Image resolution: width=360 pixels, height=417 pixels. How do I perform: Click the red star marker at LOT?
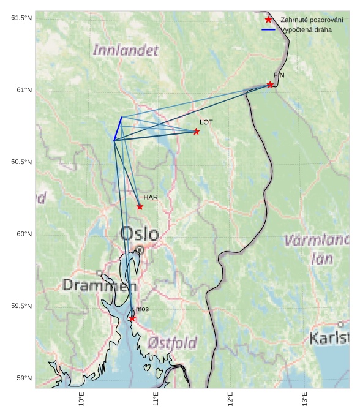(197, 132)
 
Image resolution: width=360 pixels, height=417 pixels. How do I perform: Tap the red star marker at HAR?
(140, 206)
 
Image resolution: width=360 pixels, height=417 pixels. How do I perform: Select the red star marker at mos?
(132, 318)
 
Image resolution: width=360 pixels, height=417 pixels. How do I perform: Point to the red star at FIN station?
(270, 85)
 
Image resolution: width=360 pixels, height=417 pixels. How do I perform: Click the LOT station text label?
(206, 122)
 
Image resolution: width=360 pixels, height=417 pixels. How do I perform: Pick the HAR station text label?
(151, 198)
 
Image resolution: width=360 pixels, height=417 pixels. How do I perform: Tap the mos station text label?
(142, 310)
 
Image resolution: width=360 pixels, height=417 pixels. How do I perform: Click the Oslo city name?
(140, 234)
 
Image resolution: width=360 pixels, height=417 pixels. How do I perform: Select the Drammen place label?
(100, 285)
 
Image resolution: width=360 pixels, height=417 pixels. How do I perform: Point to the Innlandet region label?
(125, 50)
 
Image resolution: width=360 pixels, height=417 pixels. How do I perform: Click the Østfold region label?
(172, 342)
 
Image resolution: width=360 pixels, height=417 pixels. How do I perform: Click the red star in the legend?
(268, 20)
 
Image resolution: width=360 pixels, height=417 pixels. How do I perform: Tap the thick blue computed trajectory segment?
(118, 129)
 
